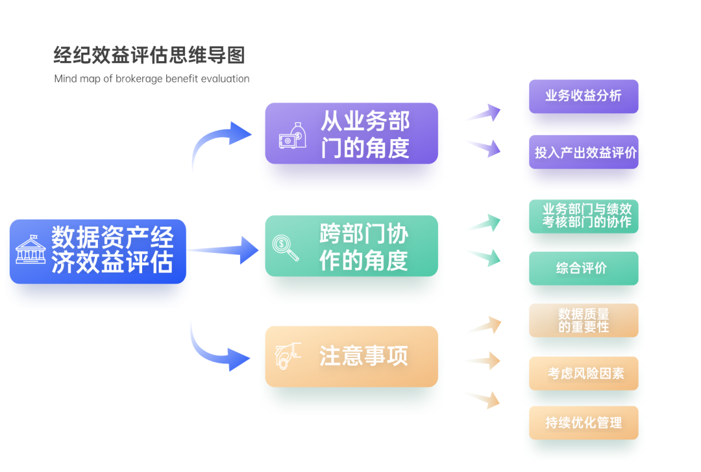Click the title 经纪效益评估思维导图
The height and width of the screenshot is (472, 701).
point(149,55)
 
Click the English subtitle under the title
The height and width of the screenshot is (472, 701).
point(152,79)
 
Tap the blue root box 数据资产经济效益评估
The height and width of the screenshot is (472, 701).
point(98,251)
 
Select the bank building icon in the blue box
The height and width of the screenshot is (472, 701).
point(31,249)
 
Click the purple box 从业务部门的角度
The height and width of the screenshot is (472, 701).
point(351,133)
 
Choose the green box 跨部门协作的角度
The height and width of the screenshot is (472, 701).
point(351,246)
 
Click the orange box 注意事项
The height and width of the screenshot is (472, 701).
point(351,356)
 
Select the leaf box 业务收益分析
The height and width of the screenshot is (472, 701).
point(583,96)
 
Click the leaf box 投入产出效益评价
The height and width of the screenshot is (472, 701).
point(583,152)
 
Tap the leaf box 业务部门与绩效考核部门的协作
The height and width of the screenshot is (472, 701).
point(583,216)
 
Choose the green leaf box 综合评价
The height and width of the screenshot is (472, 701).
point(583,268)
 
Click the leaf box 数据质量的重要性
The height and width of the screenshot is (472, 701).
point(583,320)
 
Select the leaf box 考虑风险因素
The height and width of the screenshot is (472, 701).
point(583,373)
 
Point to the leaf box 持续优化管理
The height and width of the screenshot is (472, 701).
point(583,423)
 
